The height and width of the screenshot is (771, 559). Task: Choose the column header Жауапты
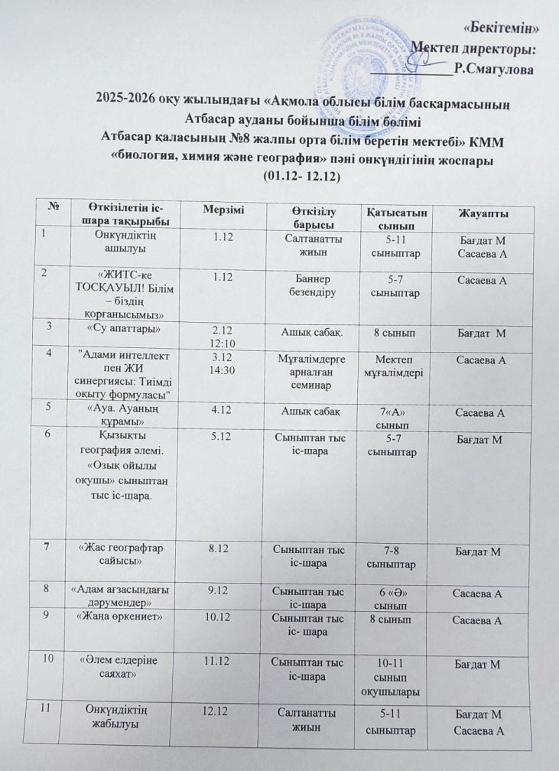(x=482, y=212)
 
